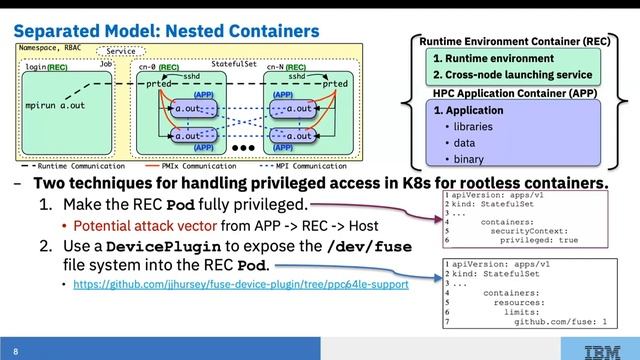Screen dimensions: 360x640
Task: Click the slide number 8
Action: pyautogui.click(x=16, y=350)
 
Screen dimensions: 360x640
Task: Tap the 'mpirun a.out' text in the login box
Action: pyautogui.click(x=56, y=103)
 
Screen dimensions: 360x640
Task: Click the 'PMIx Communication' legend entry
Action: pyautogui.click(x=196, y=165)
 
